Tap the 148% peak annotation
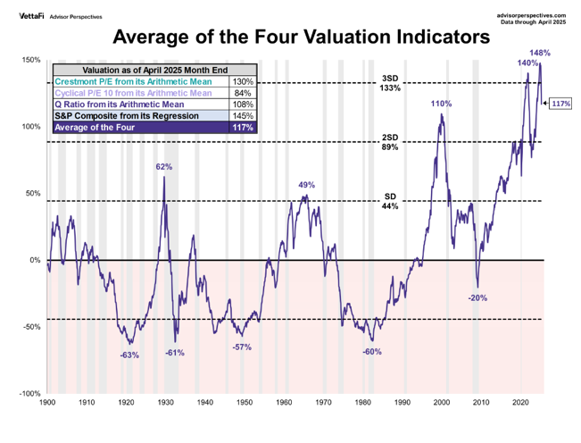pos(540,54)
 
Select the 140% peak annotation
pos(527,63)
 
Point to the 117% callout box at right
pos(561,104)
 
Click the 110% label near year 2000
pos(442,104)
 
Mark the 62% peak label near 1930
pos(164,167)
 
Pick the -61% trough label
pos(175,353)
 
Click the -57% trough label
pos(242,346)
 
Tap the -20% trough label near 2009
pos(477,297)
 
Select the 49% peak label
pos(306,185)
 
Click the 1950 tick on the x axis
pos(245,404)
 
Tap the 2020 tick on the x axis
pos(523,404)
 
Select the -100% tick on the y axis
pos(30,393)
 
